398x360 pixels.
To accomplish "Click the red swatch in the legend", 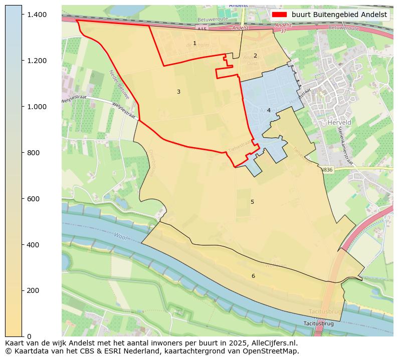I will [x=279, y=15].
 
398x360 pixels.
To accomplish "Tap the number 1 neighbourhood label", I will [x=194, y=44].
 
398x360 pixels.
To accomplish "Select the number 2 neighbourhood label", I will [x=255, y=56].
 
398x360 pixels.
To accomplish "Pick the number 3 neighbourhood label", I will [x=178, y=92].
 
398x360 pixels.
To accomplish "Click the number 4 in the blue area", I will [x=269, y=110].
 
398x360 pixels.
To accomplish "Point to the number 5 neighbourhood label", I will [x=252, y=202].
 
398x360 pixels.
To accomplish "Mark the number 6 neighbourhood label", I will [x=253, y=276].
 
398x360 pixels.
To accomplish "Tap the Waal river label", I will [x=120, y=235].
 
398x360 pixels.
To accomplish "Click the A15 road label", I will [x=202, y=30].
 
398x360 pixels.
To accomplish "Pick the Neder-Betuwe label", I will [x=119, y=84].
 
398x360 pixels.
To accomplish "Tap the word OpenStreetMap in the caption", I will [x=272, y=351].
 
